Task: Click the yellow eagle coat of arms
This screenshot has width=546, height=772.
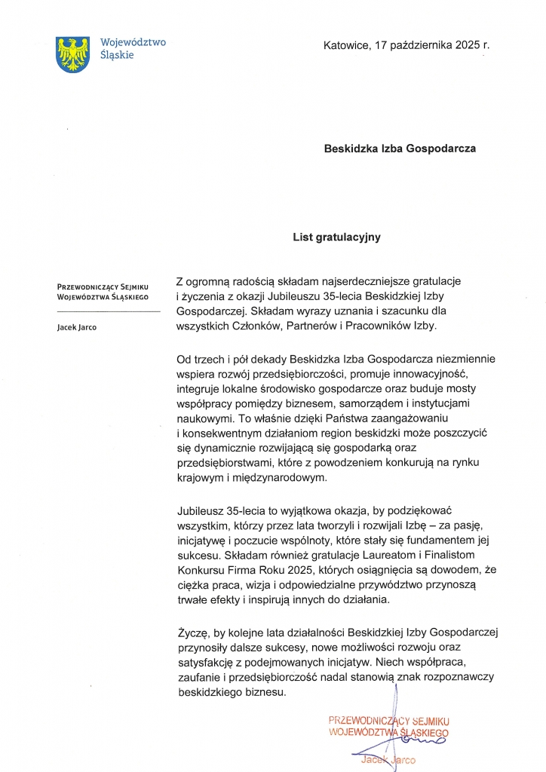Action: [73, 54]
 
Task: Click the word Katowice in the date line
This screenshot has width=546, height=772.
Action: [346, 45]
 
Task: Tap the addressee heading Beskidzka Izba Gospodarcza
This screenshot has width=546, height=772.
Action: [400, 149]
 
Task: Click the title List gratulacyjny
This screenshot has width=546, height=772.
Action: [337, 237]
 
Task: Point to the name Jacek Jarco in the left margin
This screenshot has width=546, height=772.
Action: [76, 327]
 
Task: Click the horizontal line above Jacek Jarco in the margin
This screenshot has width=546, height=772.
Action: [109, 311]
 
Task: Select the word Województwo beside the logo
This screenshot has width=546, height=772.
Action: [133, 42]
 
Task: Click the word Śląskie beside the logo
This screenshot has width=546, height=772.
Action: [117, 55]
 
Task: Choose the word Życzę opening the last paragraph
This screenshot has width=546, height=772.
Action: [192, 631]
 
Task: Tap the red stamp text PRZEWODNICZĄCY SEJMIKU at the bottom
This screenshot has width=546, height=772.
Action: [389, 720]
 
